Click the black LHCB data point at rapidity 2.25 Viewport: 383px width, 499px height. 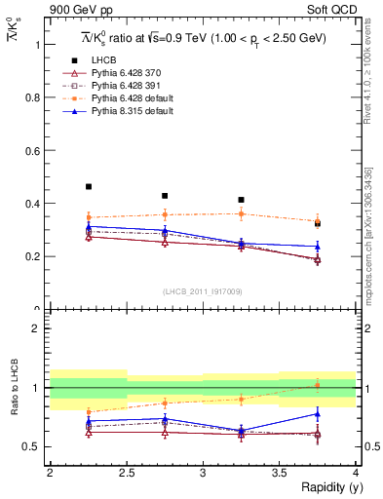88,186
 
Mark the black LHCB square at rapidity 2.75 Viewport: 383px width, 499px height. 165,196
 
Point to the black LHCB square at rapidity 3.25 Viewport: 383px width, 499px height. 241,200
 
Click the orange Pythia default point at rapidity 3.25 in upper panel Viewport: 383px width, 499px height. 241,213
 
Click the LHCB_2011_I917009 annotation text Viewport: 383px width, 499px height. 202,291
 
